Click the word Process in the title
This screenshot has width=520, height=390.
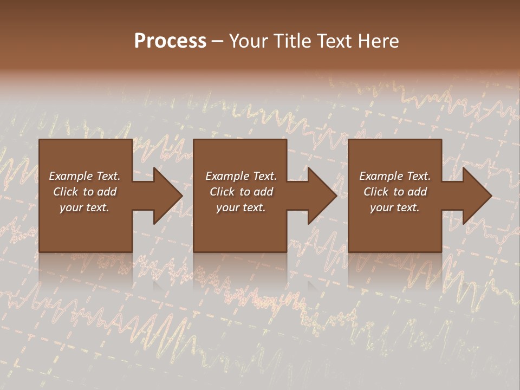tap(170, 41)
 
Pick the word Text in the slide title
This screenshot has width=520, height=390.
tap(335, 41)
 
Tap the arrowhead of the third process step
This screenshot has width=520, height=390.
tap(476, 196)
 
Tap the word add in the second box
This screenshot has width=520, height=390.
tap(263, 192)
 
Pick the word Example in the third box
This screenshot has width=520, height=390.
tap(381, 176)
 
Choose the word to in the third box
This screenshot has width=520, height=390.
tap(399, 192)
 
